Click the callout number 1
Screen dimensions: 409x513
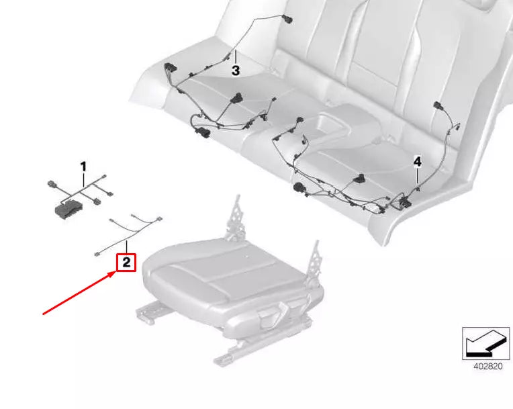coord(83,165)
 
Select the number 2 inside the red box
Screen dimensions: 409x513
coord(126,262)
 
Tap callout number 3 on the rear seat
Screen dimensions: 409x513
coord(236,70)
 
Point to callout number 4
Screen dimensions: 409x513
coord(417,162)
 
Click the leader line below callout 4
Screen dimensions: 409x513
coord(417,179)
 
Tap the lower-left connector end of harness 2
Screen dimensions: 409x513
coord(97,253)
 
